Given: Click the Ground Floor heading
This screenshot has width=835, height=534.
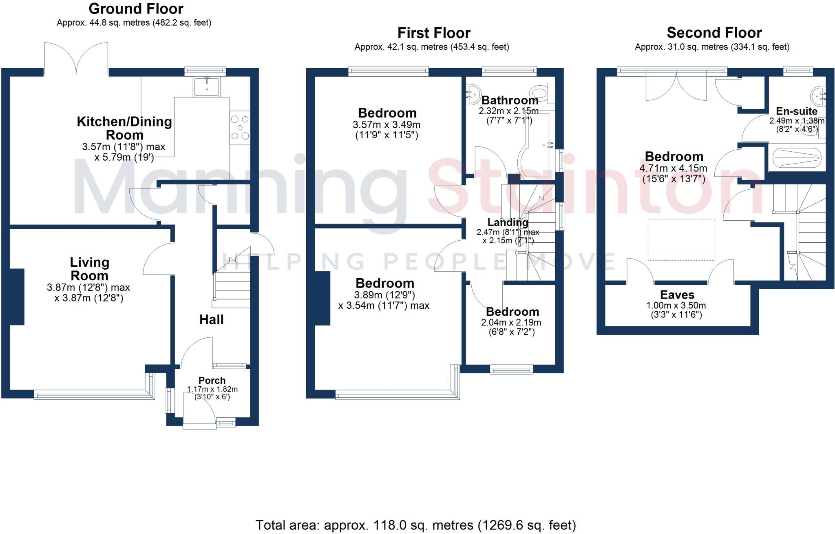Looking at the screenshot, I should [x=136, y=9].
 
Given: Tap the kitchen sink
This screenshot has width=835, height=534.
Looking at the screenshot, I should [x=208, y=86].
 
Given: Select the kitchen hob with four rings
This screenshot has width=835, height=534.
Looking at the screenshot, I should [x=240, y=128].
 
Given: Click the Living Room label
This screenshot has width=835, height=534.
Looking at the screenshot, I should [x=89, y=269].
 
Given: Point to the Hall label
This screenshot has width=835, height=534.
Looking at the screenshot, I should [x=211, y=319].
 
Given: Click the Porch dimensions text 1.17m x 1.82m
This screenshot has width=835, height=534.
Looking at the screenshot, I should [x=212, y=389].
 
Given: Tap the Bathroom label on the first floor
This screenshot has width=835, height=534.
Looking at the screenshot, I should [x=510, y=100].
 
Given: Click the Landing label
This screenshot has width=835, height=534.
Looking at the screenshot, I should [x=508, y=222].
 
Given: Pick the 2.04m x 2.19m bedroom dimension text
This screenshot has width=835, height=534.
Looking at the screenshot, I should [x=511, y=322].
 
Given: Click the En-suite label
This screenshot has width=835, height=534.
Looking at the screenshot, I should [x=796, y=111].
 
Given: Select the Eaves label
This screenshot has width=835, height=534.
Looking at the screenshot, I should [x=677, y=295].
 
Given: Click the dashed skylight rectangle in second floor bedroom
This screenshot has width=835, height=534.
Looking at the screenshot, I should [x=681, y=239].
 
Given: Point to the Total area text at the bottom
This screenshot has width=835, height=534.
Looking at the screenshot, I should [x=415, y=525].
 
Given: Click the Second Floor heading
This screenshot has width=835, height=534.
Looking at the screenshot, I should [x=714, y=33].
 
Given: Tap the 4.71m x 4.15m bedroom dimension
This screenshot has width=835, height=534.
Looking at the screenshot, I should [x=673, y=168].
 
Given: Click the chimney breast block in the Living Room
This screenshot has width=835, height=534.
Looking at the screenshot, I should [x=17, y=297].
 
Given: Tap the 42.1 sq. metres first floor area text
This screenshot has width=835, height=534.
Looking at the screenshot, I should [x=431, y=47].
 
